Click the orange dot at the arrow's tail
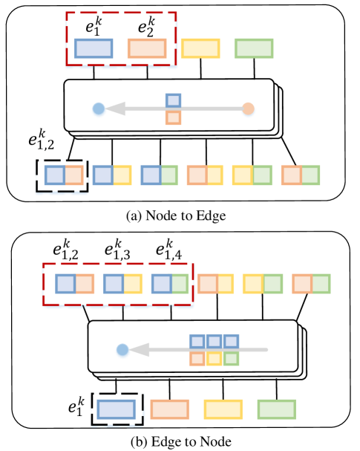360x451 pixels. click(248, 108)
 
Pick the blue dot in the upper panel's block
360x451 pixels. click(97, 108)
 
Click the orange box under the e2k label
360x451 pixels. click(147, 48)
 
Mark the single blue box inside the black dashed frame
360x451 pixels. click(114, 409)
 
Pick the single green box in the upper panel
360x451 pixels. click(254, 48)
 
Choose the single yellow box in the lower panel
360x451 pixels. click(223, 409)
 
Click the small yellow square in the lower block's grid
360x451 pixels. click(215, 357)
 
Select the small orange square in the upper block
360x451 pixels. click(173, 117)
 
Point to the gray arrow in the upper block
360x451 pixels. click(171, 108)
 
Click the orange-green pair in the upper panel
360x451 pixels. click(301, 175)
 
